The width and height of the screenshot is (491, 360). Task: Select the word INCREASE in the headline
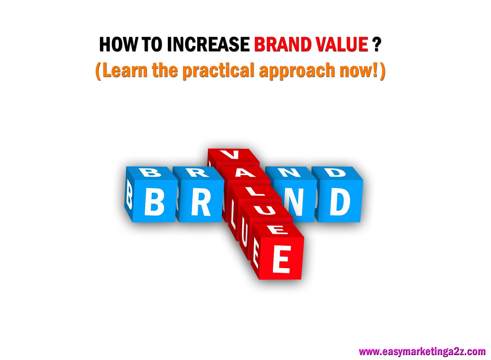[208, 45]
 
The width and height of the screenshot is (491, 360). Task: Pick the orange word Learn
[125, 70]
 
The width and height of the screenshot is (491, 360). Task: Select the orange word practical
[218, 71]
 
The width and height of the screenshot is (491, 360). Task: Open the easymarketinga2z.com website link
[422, 351]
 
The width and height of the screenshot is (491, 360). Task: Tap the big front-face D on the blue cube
[340, 201]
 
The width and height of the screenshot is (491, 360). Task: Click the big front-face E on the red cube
[281, 259]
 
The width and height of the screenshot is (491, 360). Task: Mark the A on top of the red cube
[244, 173]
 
